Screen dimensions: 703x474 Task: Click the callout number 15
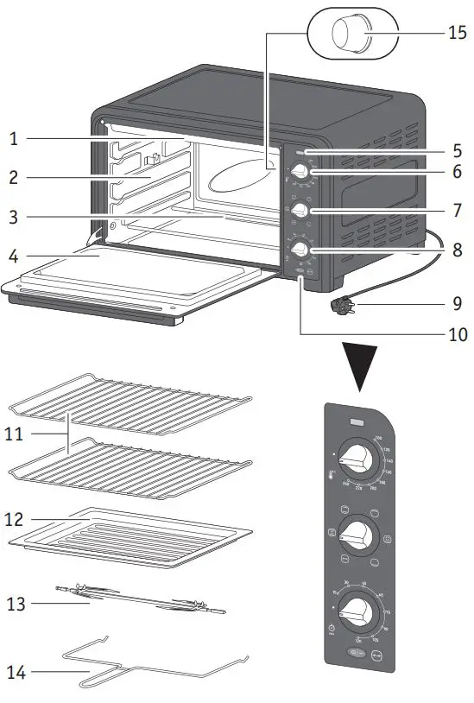click(457, 34)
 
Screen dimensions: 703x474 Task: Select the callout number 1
click(15, 137)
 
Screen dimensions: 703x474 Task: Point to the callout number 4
click(15, 256)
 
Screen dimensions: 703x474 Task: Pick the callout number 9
click(457, 304)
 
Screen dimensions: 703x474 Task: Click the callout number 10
click(457, 334)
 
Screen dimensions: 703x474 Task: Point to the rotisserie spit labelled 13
click(142, 598)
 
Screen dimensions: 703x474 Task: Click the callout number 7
click(457, 210)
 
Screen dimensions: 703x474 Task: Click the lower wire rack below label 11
click(130, 469)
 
